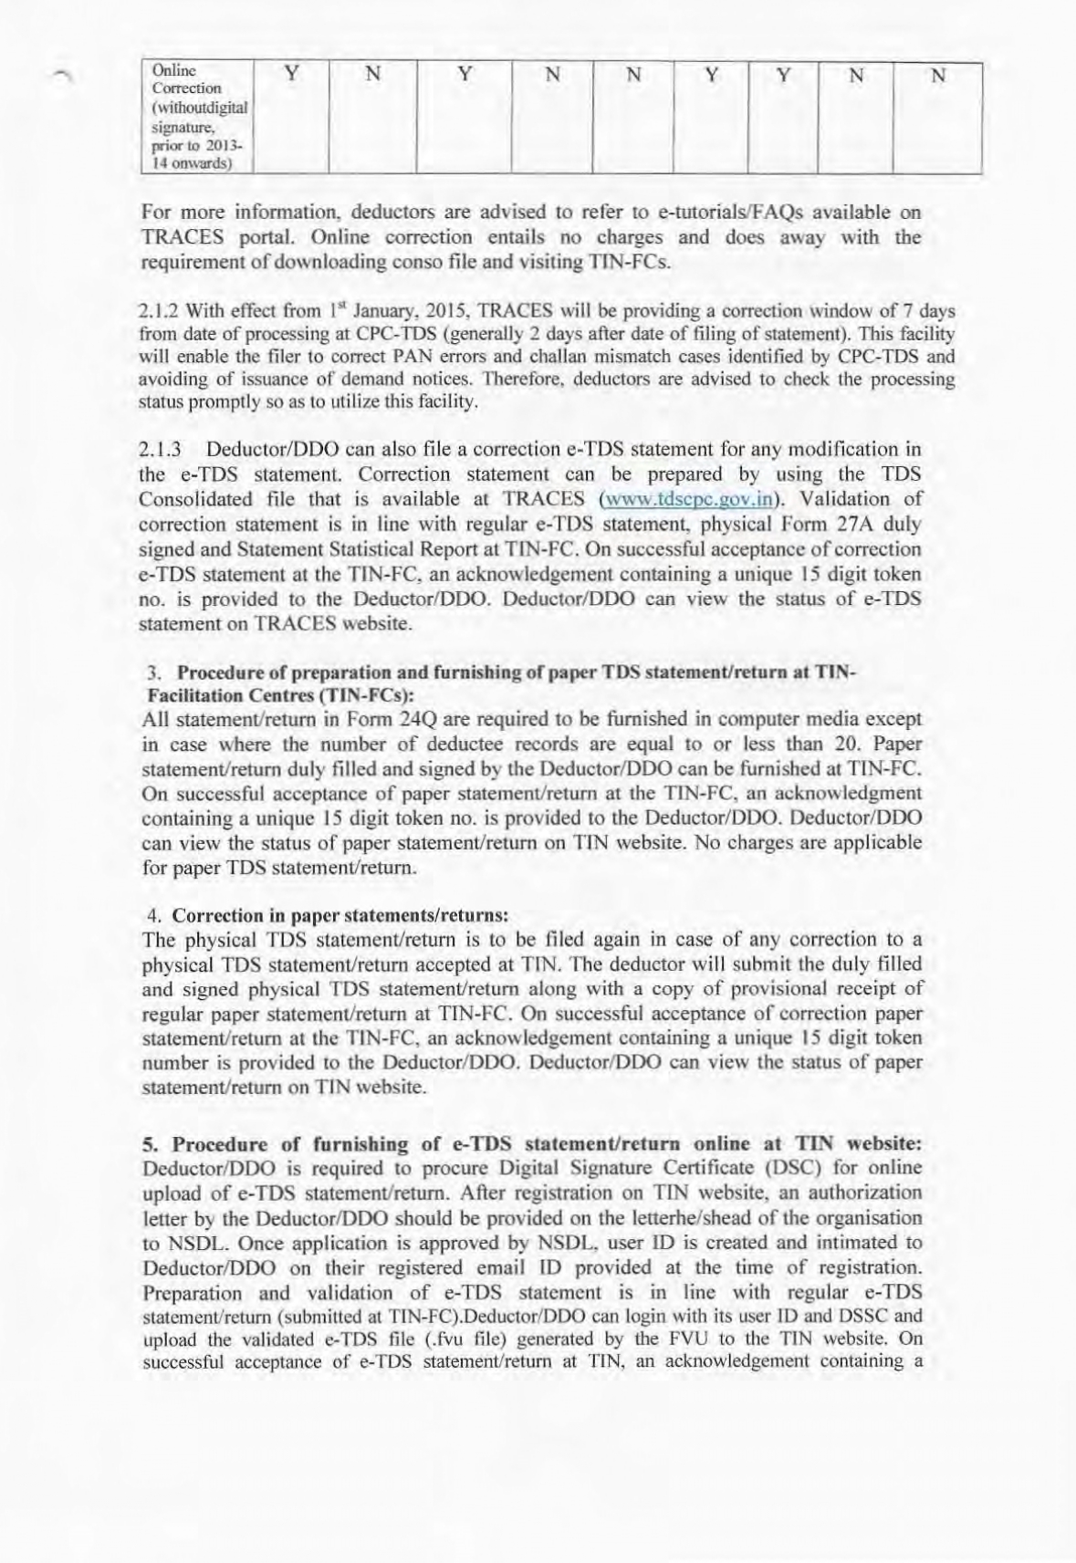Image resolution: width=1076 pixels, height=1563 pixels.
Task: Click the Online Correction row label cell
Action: tap(195, 117)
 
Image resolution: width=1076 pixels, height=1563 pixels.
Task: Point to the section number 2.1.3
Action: tap(161, 449)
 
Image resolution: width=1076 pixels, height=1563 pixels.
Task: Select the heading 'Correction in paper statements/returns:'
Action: tap(340, 914)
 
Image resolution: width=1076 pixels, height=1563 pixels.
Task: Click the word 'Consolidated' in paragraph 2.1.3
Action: tap(196, 499)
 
